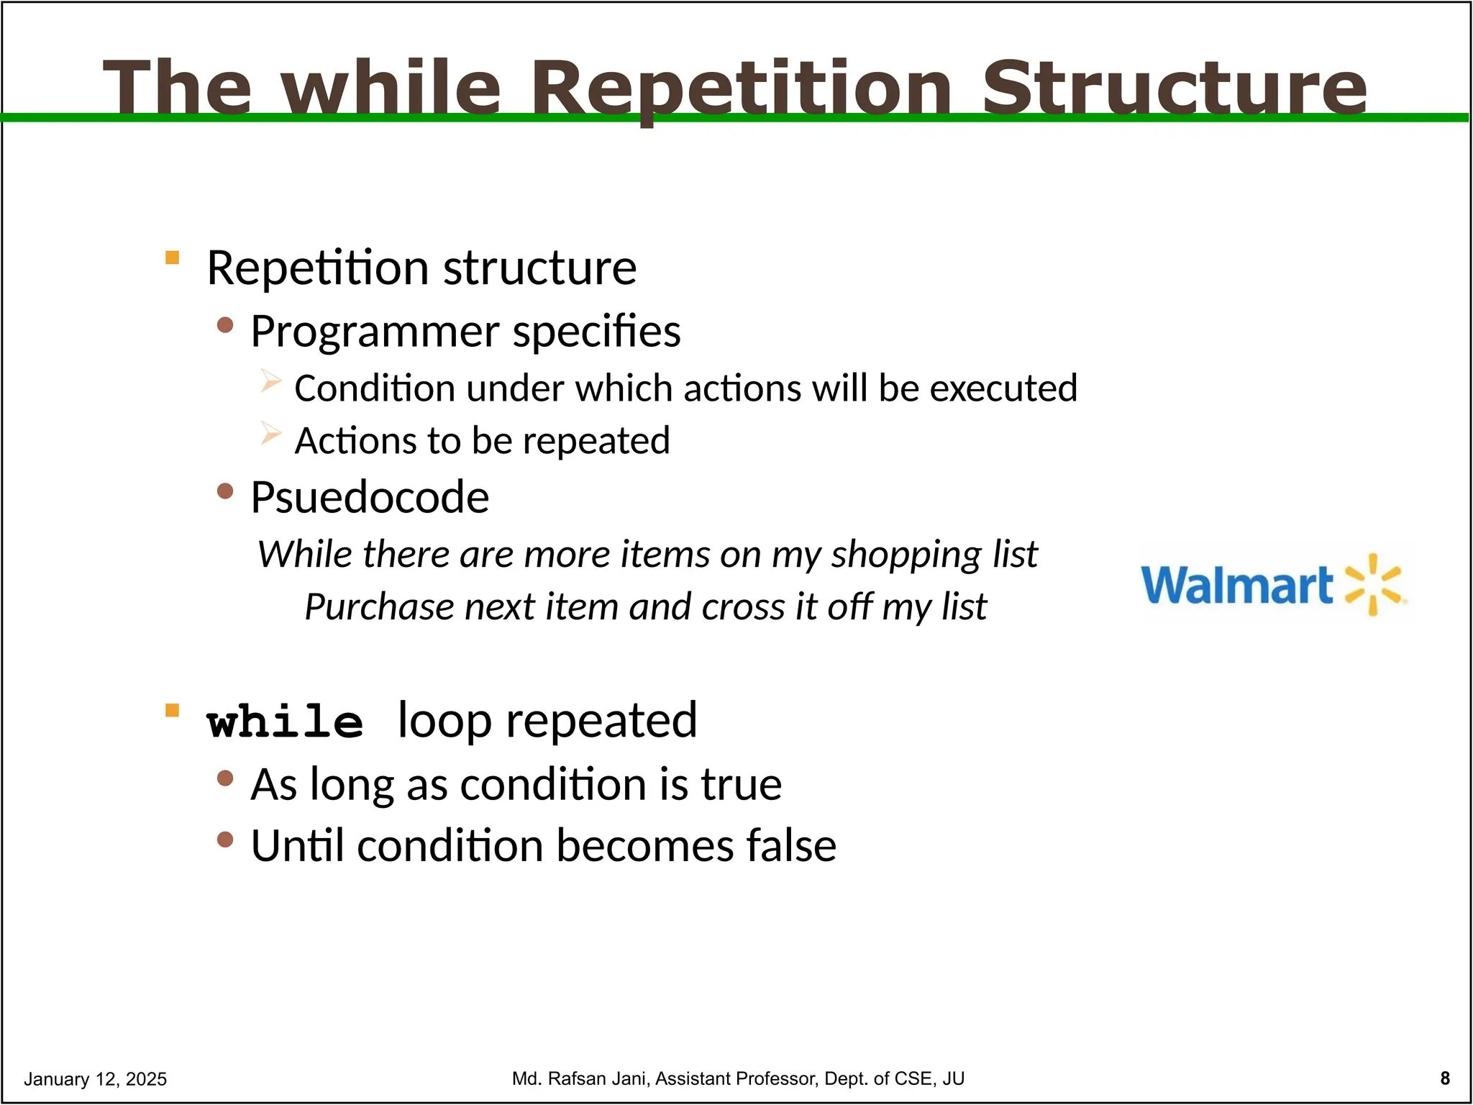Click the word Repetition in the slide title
pyautogui.click(x=741, y=88)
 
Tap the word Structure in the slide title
pyautogui.click(x=1174, y=88)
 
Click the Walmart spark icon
pyautogui.click(x=1373, y=584)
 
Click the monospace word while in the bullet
pyautogui.click(x=285, y=722)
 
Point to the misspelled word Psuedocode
pyautogui.click(x=370, y=497)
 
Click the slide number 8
pyautogui.click(x=1445, y=1078)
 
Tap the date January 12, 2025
pyautogui.click(x=95, y=1078)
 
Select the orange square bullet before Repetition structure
pyautogui.click(x=172, y=258)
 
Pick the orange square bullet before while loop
pyautogui.click(x=172, y=711)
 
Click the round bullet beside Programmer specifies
pyautogui.click(x=225, y=324)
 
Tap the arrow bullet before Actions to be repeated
pyautogui.click(x=270, y=432)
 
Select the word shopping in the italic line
pyautogui.click(x=906, y=554)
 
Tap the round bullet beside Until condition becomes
pyautogui.click(x=225, y=839)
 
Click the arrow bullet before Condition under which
pyautogui.click(x=270, y=380)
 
